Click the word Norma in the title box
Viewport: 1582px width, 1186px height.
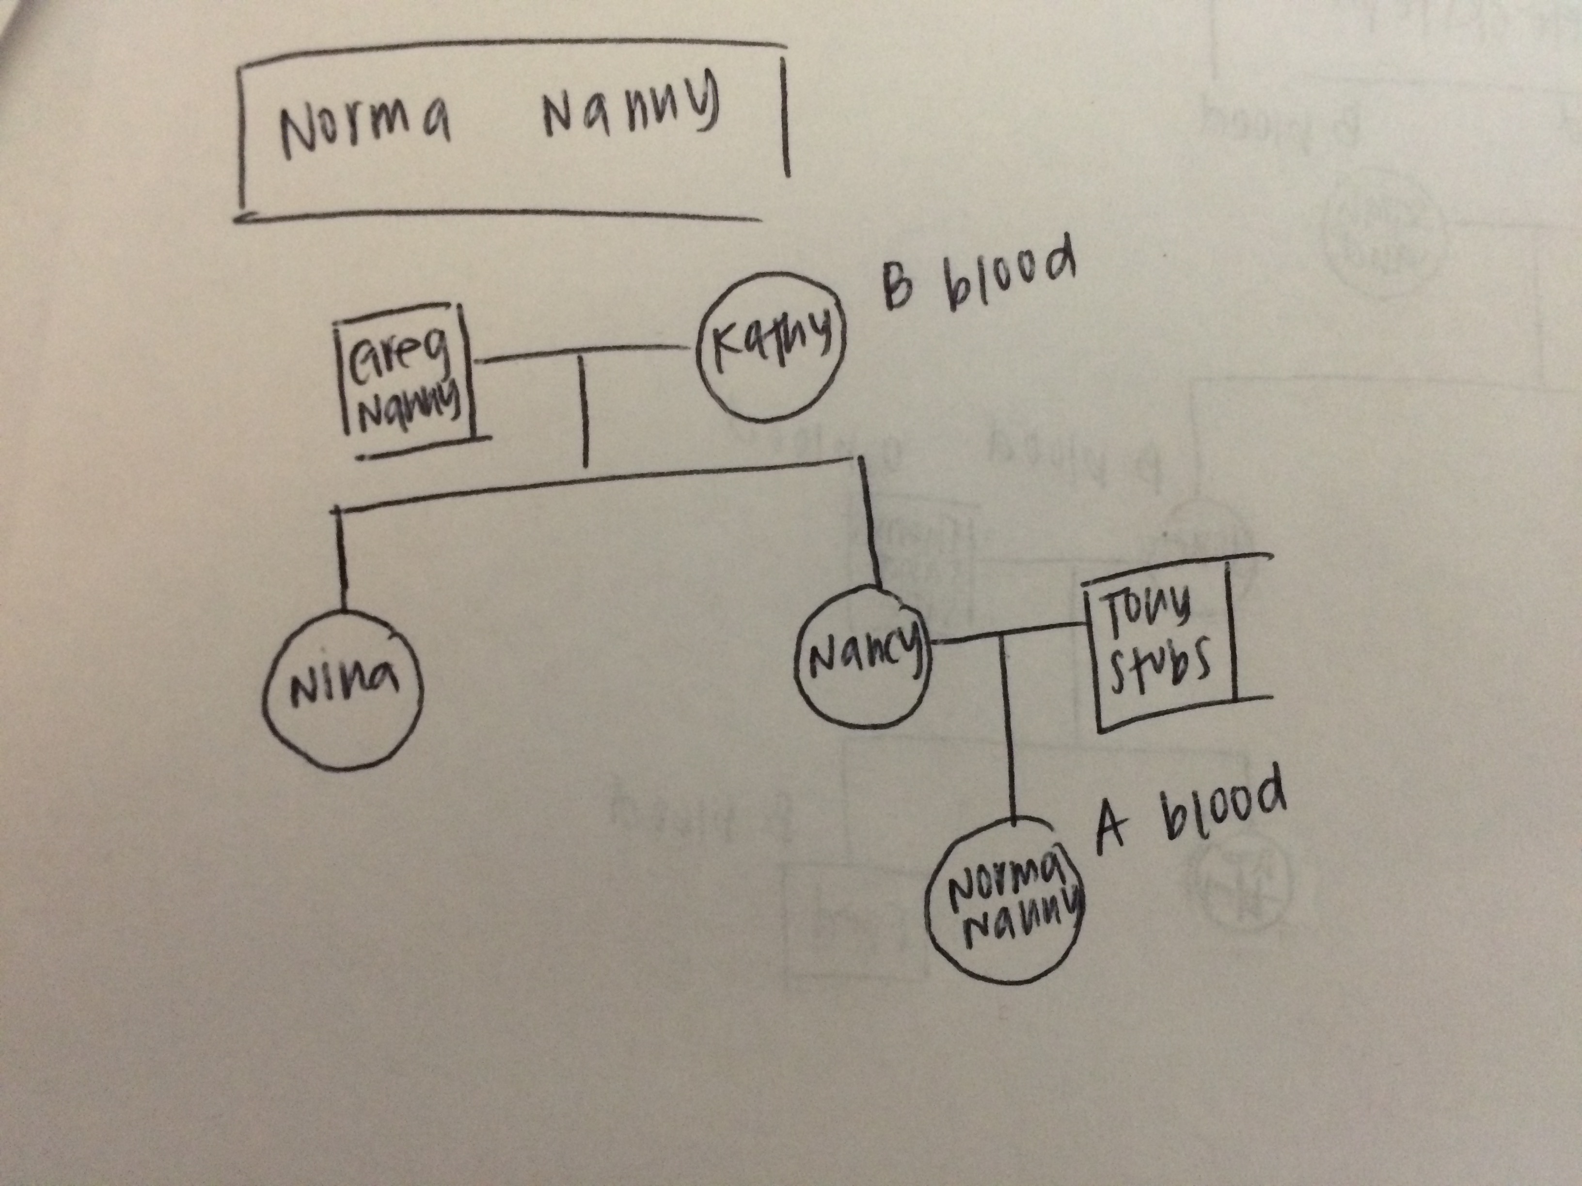pyautogui.click(x=365, y=129)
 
